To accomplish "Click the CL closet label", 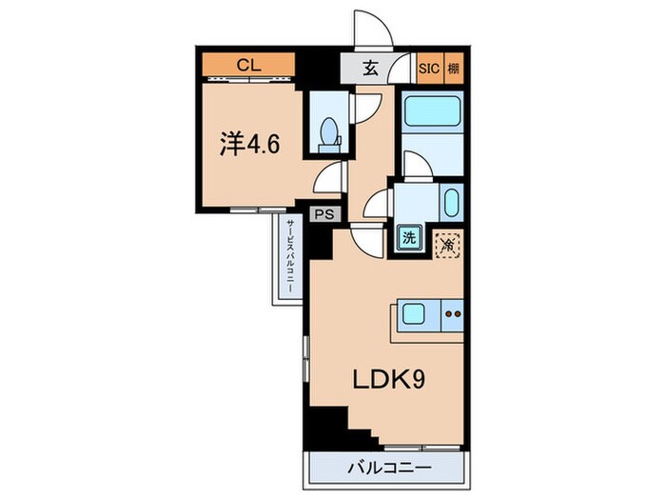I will pos(249,66).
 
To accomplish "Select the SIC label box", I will pos(429,67).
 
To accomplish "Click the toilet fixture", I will pos(330,132).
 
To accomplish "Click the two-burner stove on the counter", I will pos(453,311).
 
